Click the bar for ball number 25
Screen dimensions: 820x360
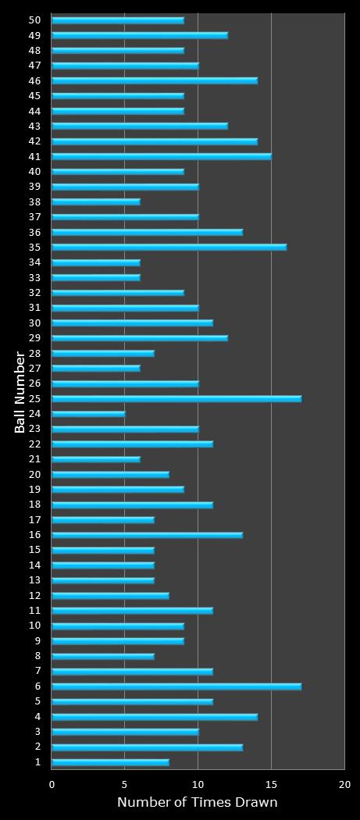176,399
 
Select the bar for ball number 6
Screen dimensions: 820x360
176,686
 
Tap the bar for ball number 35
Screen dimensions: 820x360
169,248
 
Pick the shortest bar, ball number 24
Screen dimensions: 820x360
88,414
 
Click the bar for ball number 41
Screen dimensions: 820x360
161,156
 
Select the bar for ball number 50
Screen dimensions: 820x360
117,20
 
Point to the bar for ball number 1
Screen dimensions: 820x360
110,762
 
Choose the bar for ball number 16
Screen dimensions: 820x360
147,535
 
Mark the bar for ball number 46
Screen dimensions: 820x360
154,80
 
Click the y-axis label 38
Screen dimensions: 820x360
35,201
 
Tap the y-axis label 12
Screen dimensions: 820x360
35,595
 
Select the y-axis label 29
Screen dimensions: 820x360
35,338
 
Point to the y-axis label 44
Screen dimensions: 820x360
35,111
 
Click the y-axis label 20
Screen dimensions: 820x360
35,474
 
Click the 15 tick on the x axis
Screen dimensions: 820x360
271,784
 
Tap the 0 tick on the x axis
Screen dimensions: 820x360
52,784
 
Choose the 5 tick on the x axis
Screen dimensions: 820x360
125,784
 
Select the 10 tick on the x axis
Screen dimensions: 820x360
198,784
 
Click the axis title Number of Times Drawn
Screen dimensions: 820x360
197,803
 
